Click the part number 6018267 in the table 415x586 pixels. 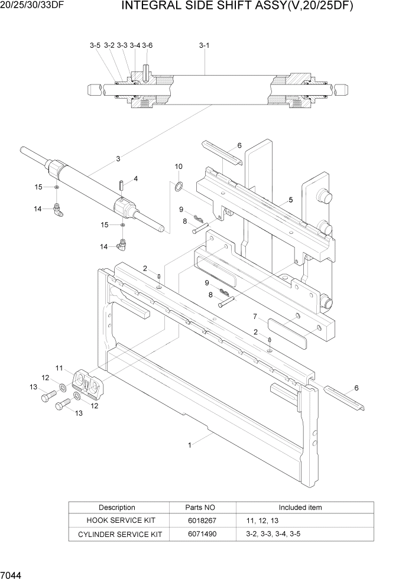pos(202,520)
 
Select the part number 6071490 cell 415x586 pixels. pos(202,534)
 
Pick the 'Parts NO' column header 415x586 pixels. pos(202,507)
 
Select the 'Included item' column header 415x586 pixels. pos(300,507)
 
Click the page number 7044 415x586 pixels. pos(12,574)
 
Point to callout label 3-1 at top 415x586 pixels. pos(204,45)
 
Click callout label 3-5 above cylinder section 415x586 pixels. pos(95,45)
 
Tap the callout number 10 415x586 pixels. pos(179,167)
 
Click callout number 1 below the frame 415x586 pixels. pos(190,446)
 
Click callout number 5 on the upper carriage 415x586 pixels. pos(291,200)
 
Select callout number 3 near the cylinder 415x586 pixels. pos(118,158)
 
